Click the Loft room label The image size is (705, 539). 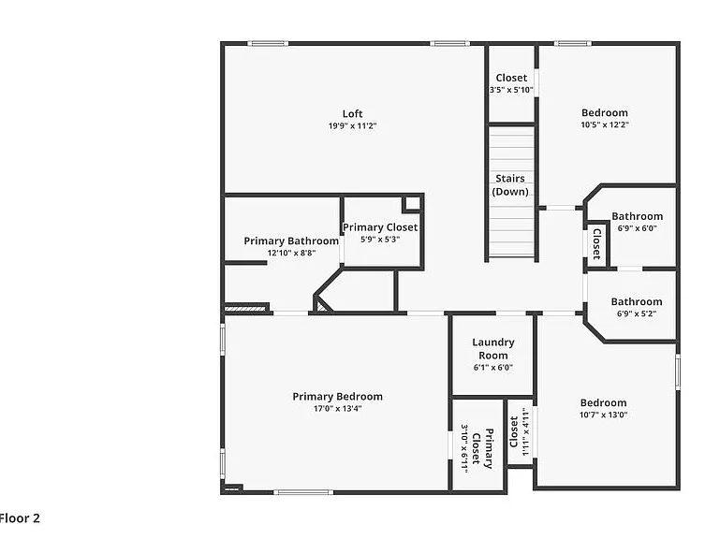click(x=352, y=114)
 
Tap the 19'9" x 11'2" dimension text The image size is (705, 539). click(x=352, y=126)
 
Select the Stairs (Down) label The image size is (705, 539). click(x=510, y=185)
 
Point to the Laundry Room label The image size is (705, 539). click(x=493, y=349)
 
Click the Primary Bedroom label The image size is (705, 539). click(x=338, y=397)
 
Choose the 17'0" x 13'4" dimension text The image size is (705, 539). click(x=338, y=409)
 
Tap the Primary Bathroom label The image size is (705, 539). click(x=291, y=240)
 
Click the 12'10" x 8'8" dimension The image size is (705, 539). click(x=291, y=253)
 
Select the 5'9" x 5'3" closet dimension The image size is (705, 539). click(x=380, y=240)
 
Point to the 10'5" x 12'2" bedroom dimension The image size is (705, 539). click(x=605, y=125)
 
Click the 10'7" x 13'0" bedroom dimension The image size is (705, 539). click(x=603, y=415)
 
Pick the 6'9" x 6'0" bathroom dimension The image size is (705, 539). click(x=637, y=228)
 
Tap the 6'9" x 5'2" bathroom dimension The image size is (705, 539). click(x=637, y=313)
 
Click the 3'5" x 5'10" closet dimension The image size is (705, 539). click(x=511, y=90)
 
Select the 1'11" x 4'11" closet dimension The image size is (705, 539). click(x=524, y=432)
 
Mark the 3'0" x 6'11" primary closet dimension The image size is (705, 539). click(x=464, y=449)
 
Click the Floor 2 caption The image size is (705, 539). click(x=20, y=518)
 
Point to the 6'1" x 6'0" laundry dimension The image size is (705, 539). click(x=493, y=367)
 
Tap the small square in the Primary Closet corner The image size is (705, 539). click(x=413, y=204)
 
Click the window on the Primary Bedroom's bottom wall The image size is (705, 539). click(x=304, y=492)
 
